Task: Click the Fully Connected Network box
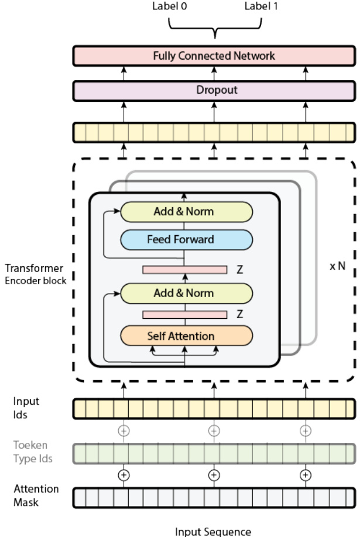tap(214, 56)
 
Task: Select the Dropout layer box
tap(214, 91)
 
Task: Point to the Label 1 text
tap(260, 8)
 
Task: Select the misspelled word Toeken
tap(28, 446)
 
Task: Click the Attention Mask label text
tap(36, 494)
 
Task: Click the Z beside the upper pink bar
tap(239, 270)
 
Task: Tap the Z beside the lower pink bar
tap(239, 314)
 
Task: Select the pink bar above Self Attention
tap(185, 315)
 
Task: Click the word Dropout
tap(214, 91)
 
